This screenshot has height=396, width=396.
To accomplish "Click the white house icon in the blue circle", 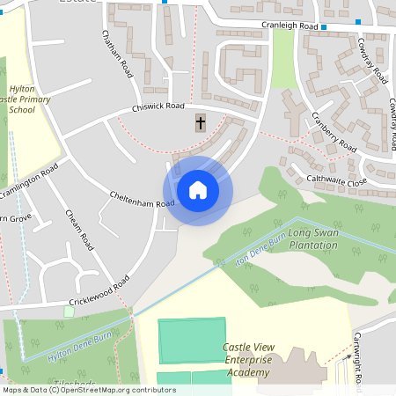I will click(198, 190).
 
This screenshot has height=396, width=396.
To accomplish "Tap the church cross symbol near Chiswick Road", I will click(201, 123).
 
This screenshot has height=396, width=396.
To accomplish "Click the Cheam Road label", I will click(79, 230).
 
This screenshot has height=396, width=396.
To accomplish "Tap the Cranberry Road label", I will click(333, 135).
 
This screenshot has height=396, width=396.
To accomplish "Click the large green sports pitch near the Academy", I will click(192, 341).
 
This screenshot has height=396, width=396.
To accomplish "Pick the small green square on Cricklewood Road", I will click(70, 312).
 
